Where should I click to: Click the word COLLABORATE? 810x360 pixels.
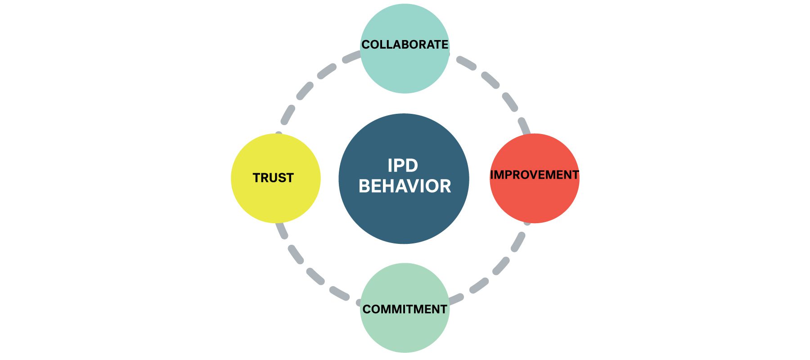(x=405, y=45)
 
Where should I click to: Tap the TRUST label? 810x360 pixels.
(x=273, y=178)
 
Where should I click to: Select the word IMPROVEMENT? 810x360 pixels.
(x=534, y=175)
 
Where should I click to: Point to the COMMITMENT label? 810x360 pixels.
(x=405, y=309)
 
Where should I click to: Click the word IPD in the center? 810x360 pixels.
(x=403, y=166)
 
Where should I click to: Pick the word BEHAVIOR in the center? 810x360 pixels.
(x=405, y=186)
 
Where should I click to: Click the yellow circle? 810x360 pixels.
(x=275, y=178)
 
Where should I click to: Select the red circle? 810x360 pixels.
(x=534, y=178)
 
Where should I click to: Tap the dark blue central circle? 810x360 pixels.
(x=404, y=179)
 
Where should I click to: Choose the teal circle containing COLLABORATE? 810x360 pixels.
(x=405, y=49)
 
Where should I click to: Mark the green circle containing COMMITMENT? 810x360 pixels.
(x=405, y=308)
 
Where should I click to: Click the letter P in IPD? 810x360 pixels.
(x=398, y=166)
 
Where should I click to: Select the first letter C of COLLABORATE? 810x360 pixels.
(x=366, y=45)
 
